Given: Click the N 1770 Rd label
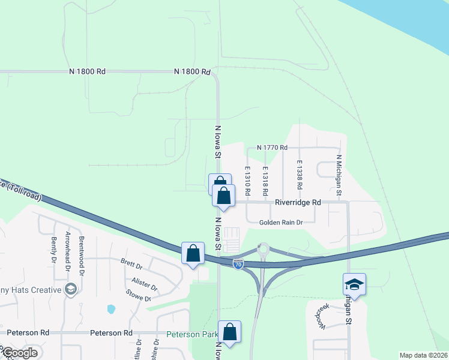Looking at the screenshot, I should (x=272, y=148).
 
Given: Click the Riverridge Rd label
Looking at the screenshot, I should (x=298, y=203).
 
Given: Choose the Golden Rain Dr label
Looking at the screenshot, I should (x=281, y=223).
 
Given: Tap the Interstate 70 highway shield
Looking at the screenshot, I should (x=238, y=265).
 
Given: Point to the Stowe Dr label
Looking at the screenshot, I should (x=139, y=297).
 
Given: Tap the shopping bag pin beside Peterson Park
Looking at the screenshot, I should (x=229, y=331).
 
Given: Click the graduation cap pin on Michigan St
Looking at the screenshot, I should (x=354, y=284).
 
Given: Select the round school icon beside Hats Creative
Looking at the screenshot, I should (x=71, y=290).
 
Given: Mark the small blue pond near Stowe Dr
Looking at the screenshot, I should (x=111, y=310).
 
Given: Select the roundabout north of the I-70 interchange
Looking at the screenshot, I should (x=263, y=248).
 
